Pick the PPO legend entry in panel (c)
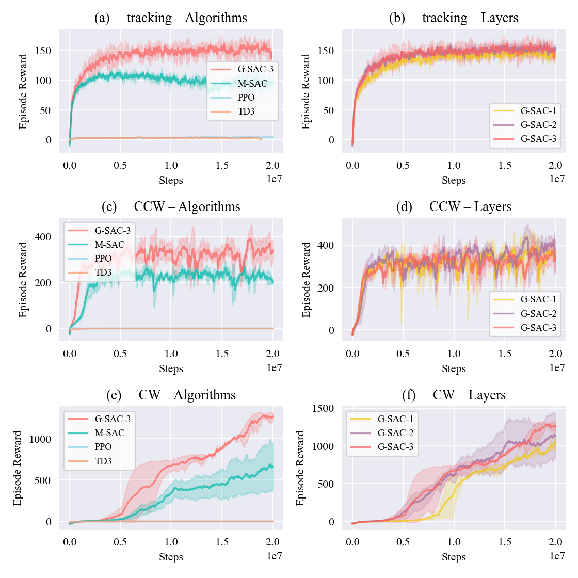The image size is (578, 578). click(x=103, y=259)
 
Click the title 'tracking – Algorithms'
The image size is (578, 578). click(x=187, y=18)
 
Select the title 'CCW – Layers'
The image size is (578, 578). click(x=470, y=207)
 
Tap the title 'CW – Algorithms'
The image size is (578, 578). click(x=187, y=395)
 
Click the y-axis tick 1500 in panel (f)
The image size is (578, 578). click(x=324, y=408)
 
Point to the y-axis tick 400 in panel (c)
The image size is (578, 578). click(x=43, y=237)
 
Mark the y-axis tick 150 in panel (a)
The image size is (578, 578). click(x=43, y=51)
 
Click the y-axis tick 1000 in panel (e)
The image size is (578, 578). click(x=40, y=439)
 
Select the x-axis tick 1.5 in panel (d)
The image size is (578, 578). click(x=505, y=354)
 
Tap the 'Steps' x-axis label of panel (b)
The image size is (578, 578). click(x=454, y=181)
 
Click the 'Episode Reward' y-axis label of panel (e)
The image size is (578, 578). click(x=18, y=468)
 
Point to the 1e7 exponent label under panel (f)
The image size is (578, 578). click(x=557, y=556)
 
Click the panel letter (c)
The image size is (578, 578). click(x=109, y=207)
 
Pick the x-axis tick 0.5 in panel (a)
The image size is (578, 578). click(x=120, y=165)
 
